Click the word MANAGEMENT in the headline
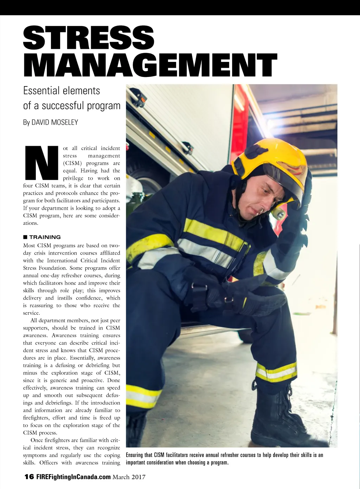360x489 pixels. click(x=150, y=65)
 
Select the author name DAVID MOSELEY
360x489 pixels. click(x=55, y=122)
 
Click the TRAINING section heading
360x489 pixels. click(x=45, y=237)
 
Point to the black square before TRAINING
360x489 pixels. click(x=25, y=237)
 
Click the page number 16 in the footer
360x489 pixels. click(x=29, y=477)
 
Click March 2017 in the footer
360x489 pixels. click(x=129, y=477)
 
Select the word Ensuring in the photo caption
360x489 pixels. click(x=134, y=455)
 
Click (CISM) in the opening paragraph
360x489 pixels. click(x=72, y=163)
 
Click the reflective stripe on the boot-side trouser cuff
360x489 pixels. click(x=276, y=372)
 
